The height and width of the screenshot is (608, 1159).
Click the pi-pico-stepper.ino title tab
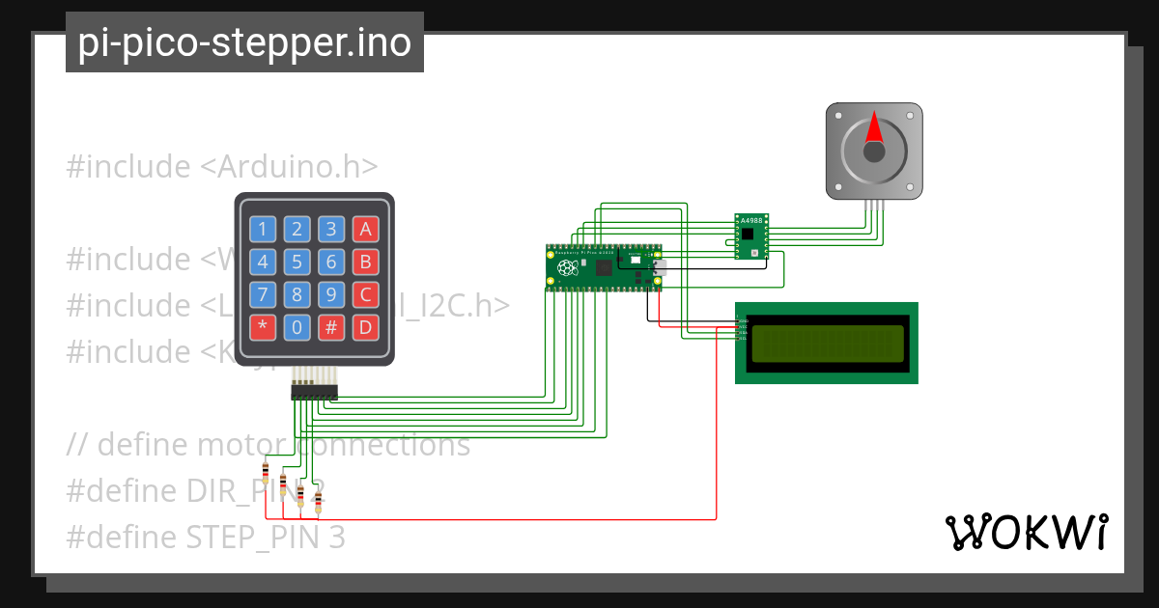244,42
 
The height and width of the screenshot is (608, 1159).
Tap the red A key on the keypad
364,229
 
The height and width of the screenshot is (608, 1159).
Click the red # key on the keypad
331,327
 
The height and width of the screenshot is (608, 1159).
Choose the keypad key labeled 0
297,327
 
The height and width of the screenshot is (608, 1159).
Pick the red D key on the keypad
364,327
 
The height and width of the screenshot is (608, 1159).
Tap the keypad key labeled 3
331,229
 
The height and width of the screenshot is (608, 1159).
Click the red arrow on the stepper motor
873,128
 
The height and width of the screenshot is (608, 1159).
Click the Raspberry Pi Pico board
605,267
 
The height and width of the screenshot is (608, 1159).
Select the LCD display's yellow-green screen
827,343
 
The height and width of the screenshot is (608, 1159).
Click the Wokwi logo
1025,532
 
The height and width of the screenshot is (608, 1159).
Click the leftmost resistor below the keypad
266,472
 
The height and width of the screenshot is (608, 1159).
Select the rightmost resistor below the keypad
318,500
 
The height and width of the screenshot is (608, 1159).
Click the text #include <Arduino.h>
221,167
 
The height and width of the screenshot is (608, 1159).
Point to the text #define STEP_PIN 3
205,537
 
